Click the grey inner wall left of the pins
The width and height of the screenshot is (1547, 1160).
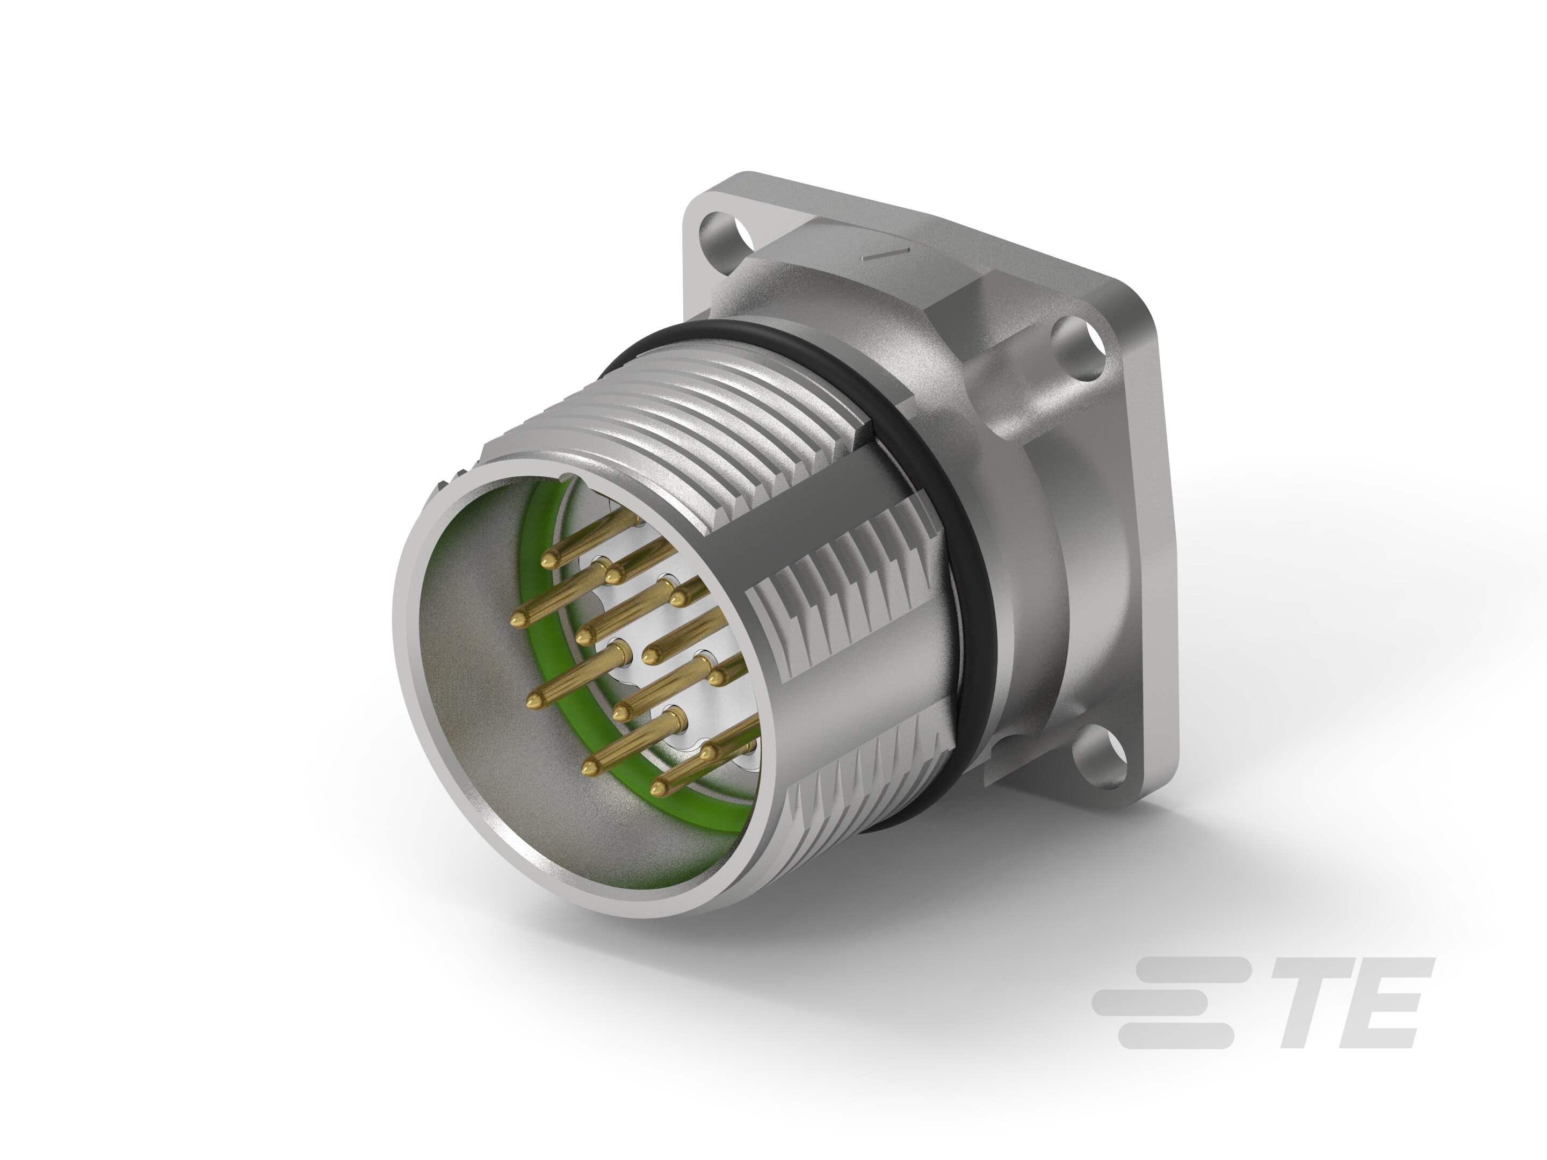point(461,671)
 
